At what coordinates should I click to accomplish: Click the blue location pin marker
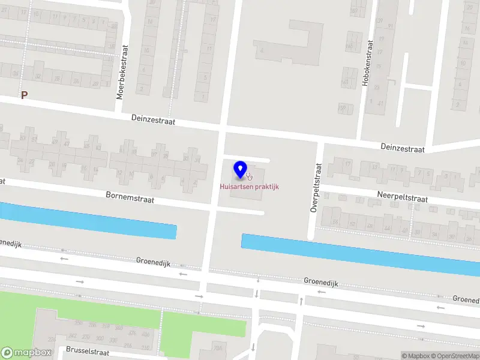point(241,170)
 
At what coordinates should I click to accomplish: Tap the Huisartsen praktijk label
point(249,187)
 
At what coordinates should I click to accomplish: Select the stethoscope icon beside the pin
point(249,176)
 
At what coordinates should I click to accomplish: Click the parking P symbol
point(25,95)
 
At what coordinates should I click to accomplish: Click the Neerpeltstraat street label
point(402,198)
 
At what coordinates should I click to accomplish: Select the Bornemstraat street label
point(130,197)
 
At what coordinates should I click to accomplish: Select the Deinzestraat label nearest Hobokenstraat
point(403,148)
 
